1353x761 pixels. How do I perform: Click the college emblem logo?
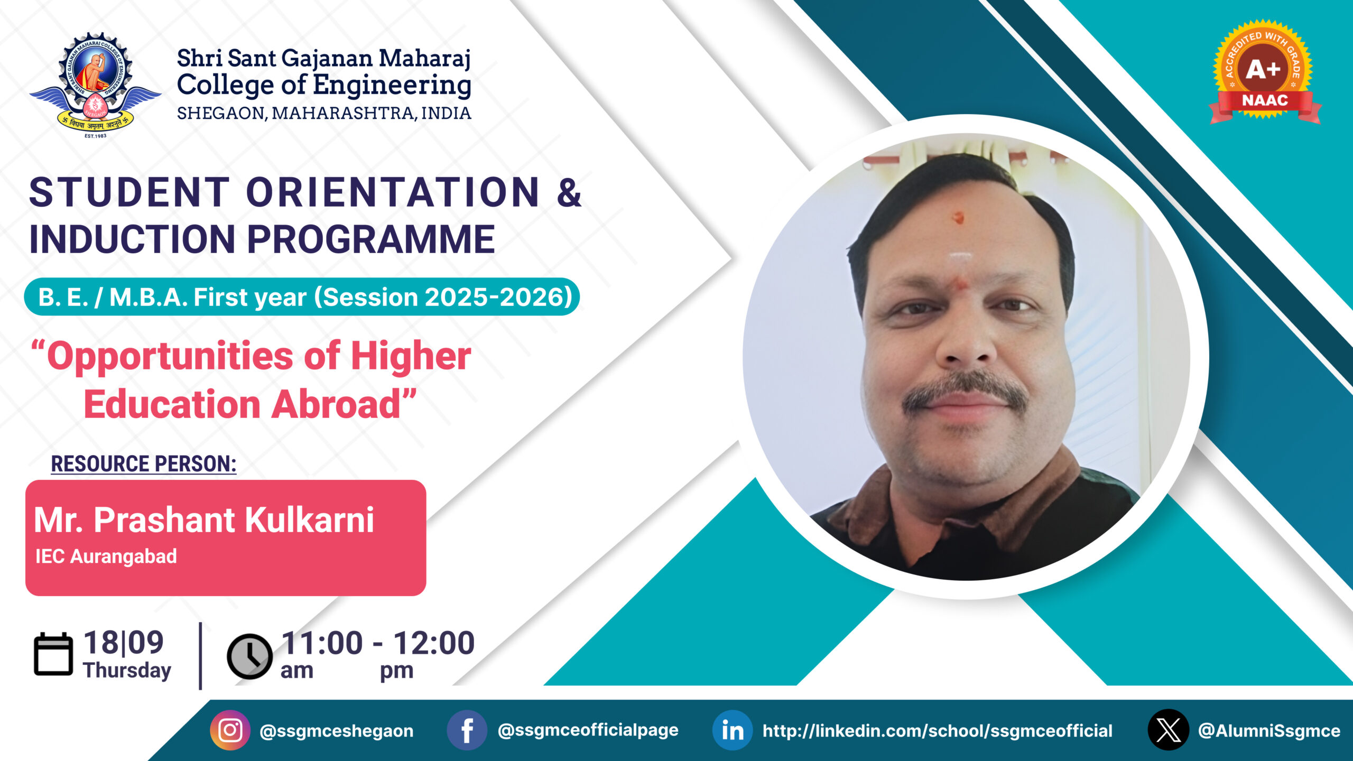pos(95,85)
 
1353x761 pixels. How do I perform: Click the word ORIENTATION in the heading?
pos(393,192)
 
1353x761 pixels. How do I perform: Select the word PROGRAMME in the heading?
pos(371,239)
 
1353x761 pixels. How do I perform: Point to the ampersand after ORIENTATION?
pos(569,193)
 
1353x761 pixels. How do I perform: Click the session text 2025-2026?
pos(498,297)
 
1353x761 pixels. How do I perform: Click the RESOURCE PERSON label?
pos(144,463)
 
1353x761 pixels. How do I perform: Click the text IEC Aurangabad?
pos(106,556)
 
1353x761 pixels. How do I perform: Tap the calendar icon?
pos(53,654)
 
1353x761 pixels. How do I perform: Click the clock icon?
pos(249,656)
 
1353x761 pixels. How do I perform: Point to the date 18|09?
pos(124,643)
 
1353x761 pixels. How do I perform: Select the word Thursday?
pos(127,670)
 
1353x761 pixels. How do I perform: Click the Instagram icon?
pos(230,730)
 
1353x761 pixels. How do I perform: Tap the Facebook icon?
pos(467,730)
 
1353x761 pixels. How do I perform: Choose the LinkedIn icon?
pos(733,730)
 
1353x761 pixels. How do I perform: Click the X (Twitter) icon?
pos(1169,730)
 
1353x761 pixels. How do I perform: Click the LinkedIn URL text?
pos(938,731)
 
